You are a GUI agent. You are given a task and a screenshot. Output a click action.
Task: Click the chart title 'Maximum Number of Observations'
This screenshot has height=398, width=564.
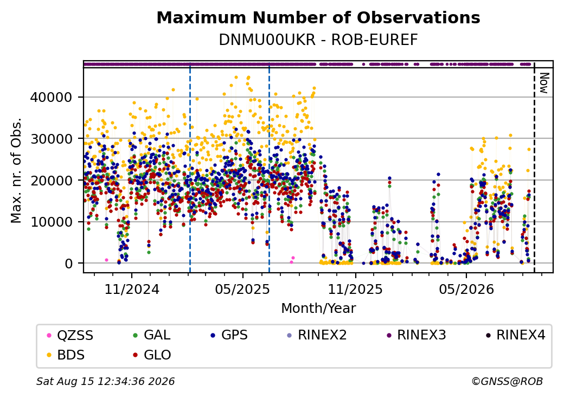[x=318, y=17]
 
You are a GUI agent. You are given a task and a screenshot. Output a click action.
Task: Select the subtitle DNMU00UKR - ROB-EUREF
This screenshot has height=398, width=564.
[x=318, y=40]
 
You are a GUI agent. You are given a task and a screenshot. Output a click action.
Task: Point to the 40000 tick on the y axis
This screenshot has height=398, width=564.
[x=52, y=97]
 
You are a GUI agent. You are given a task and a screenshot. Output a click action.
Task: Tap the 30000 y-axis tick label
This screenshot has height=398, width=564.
[x=52, y=139]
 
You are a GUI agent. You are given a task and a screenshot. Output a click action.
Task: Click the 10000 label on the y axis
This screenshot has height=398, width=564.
[x=52, y=222]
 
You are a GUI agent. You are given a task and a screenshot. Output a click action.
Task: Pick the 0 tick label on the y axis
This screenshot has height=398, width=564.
[x=69, y=264]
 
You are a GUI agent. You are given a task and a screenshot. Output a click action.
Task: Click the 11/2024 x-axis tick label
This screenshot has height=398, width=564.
[x=132, y=289]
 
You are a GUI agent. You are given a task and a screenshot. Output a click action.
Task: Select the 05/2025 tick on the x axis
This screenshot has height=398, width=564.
[x=243, y=289]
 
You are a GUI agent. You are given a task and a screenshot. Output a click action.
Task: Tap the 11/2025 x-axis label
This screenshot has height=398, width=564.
[x=355, y=289]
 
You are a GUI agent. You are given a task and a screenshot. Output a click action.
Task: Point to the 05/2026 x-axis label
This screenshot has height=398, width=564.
[x=466, y=289]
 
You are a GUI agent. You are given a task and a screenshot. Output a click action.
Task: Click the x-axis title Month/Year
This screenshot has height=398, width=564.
[x=318, y=308]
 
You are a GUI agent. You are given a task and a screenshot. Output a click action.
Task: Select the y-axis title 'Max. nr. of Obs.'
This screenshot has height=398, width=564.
[x=16, y=170]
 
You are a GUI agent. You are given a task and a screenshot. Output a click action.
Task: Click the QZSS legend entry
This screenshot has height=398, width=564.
[x=70, y=336]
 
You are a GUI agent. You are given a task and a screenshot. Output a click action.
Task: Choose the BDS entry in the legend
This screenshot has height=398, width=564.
[x=66, y=355]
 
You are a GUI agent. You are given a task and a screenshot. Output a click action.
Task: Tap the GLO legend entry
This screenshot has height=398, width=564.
[x=152, y=355]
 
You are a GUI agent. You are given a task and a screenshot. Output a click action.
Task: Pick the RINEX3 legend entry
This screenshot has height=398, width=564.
[x=416, y=335]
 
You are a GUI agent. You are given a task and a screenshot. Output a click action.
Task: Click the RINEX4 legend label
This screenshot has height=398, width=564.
[x=515, y=335]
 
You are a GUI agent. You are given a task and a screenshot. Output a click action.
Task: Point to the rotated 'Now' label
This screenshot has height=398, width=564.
[x=544, y=83]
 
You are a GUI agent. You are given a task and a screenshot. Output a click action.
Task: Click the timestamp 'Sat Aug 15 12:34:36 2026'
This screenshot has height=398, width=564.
[x=105, y=381]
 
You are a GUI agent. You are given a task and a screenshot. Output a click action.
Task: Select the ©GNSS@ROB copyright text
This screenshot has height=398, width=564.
[x=507, y=381]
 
